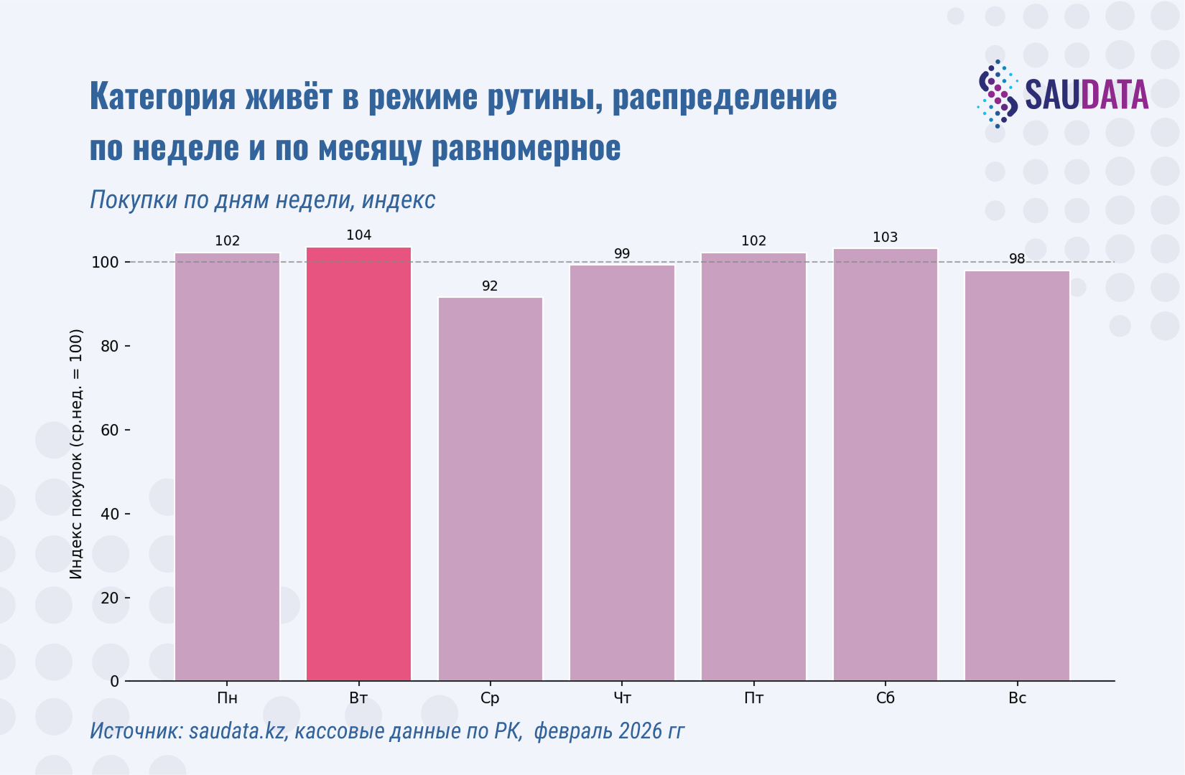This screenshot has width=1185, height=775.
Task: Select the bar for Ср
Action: click(490, 489)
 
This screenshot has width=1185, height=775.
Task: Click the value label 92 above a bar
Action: click(490, 286)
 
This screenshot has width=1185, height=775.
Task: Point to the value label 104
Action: click(358, 235)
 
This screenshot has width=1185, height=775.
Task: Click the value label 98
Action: click(1017, 259)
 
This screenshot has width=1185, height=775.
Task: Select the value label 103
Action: click(885, 238)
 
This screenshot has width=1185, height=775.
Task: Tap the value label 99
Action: click(622, 254)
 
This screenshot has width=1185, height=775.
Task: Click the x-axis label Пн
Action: click(227, 698)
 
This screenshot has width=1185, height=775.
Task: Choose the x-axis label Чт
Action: click(622, 698)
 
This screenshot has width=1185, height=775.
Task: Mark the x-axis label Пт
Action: click(753, 698)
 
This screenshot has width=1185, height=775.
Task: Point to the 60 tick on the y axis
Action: click(110, 431)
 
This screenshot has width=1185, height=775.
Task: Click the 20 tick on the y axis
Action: click(110, 598)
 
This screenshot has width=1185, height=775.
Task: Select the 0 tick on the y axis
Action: click(114, 682)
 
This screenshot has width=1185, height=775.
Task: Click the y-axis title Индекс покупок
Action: click(76, 454)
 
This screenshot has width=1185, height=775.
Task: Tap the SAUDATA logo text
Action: click(1086, 95)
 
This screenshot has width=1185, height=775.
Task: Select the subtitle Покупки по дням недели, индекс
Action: click(262, 199)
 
